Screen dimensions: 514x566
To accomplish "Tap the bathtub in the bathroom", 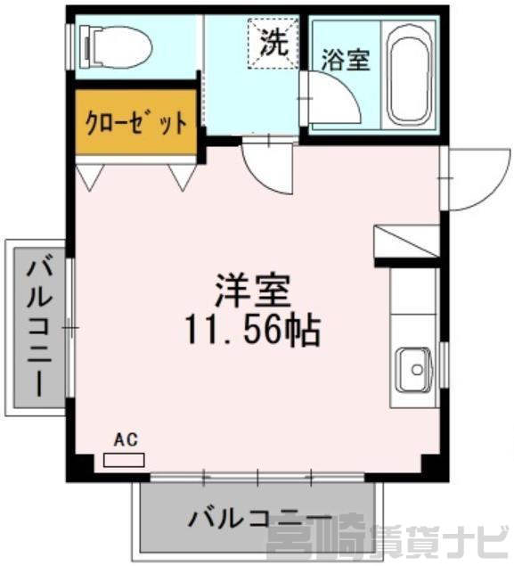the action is (410, 74).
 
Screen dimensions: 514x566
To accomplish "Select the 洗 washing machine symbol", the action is (273, 44).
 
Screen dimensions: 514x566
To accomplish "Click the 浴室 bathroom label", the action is (346, 60).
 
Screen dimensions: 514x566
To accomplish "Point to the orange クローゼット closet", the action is (136, 123).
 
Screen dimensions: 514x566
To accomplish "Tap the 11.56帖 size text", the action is (253, 331).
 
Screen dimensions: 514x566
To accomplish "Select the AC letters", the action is (126, 440).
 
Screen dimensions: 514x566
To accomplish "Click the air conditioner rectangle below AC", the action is (124, 460).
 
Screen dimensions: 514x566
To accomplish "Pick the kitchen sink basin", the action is (413, 370).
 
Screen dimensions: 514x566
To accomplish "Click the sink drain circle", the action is (417, 369).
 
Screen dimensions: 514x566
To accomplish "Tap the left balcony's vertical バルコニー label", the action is (39, 325).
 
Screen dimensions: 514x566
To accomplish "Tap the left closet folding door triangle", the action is (90, 177).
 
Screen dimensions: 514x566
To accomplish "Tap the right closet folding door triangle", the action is (183, 177).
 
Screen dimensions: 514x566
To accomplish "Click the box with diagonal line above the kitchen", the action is (406, 242).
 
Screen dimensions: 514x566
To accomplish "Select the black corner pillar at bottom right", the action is (435, 468).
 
